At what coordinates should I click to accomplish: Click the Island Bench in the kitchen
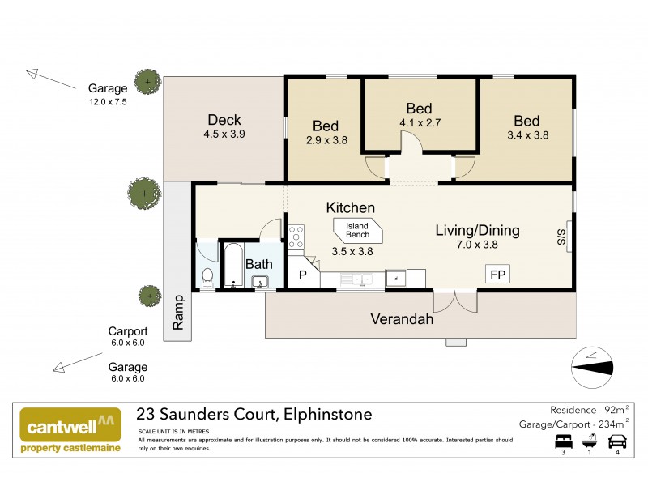coord(357,230)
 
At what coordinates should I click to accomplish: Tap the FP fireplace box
coord(497,275)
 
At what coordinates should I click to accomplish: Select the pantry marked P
coord(304,275)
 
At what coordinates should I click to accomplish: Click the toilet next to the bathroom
coord(207,276)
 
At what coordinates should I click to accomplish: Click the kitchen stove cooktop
coord(296,235)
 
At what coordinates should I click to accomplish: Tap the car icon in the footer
coord(616,442)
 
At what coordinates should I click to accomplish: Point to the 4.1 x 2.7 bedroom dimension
coord(419,124)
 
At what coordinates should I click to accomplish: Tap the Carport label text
coord(128,331)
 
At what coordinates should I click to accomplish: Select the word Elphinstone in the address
coord(326,415)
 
